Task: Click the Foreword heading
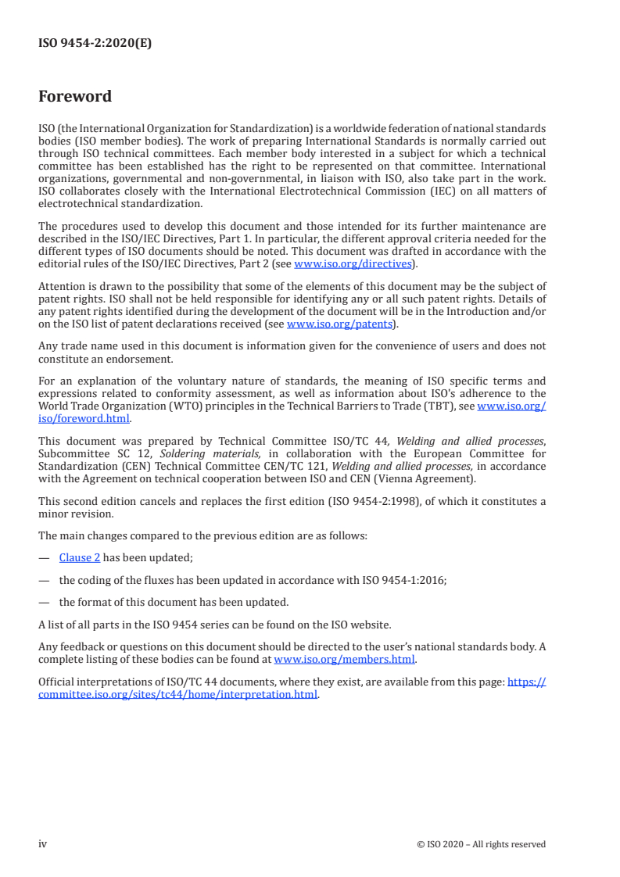[x=75, y=97]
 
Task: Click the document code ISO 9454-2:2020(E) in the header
[x=95, y=44]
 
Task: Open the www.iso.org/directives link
[x=352, y=263]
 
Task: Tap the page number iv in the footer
[x=43, y=843]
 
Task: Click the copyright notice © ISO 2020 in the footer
[x=482, y=844]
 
